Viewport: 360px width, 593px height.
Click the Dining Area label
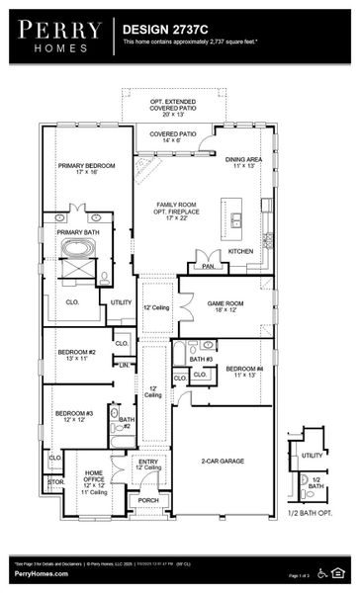pos(243,162)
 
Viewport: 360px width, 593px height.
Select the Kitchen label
pos(240,251)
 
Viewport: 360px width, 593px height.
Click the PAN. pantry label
pos(209,266)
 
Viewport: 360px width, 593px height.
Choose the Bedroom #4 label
pos(242,372)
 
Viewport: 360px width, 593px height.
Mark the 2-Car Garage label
pos(222,461)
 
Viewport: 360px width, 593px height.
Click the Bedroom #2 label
pos(75,355)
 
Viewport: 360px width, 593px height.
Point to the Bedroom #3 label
pos(74,416)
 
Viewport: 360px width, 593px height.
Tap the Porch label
pos(148,500)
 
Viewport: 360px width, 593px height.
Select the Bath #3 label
pos(202,358)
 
